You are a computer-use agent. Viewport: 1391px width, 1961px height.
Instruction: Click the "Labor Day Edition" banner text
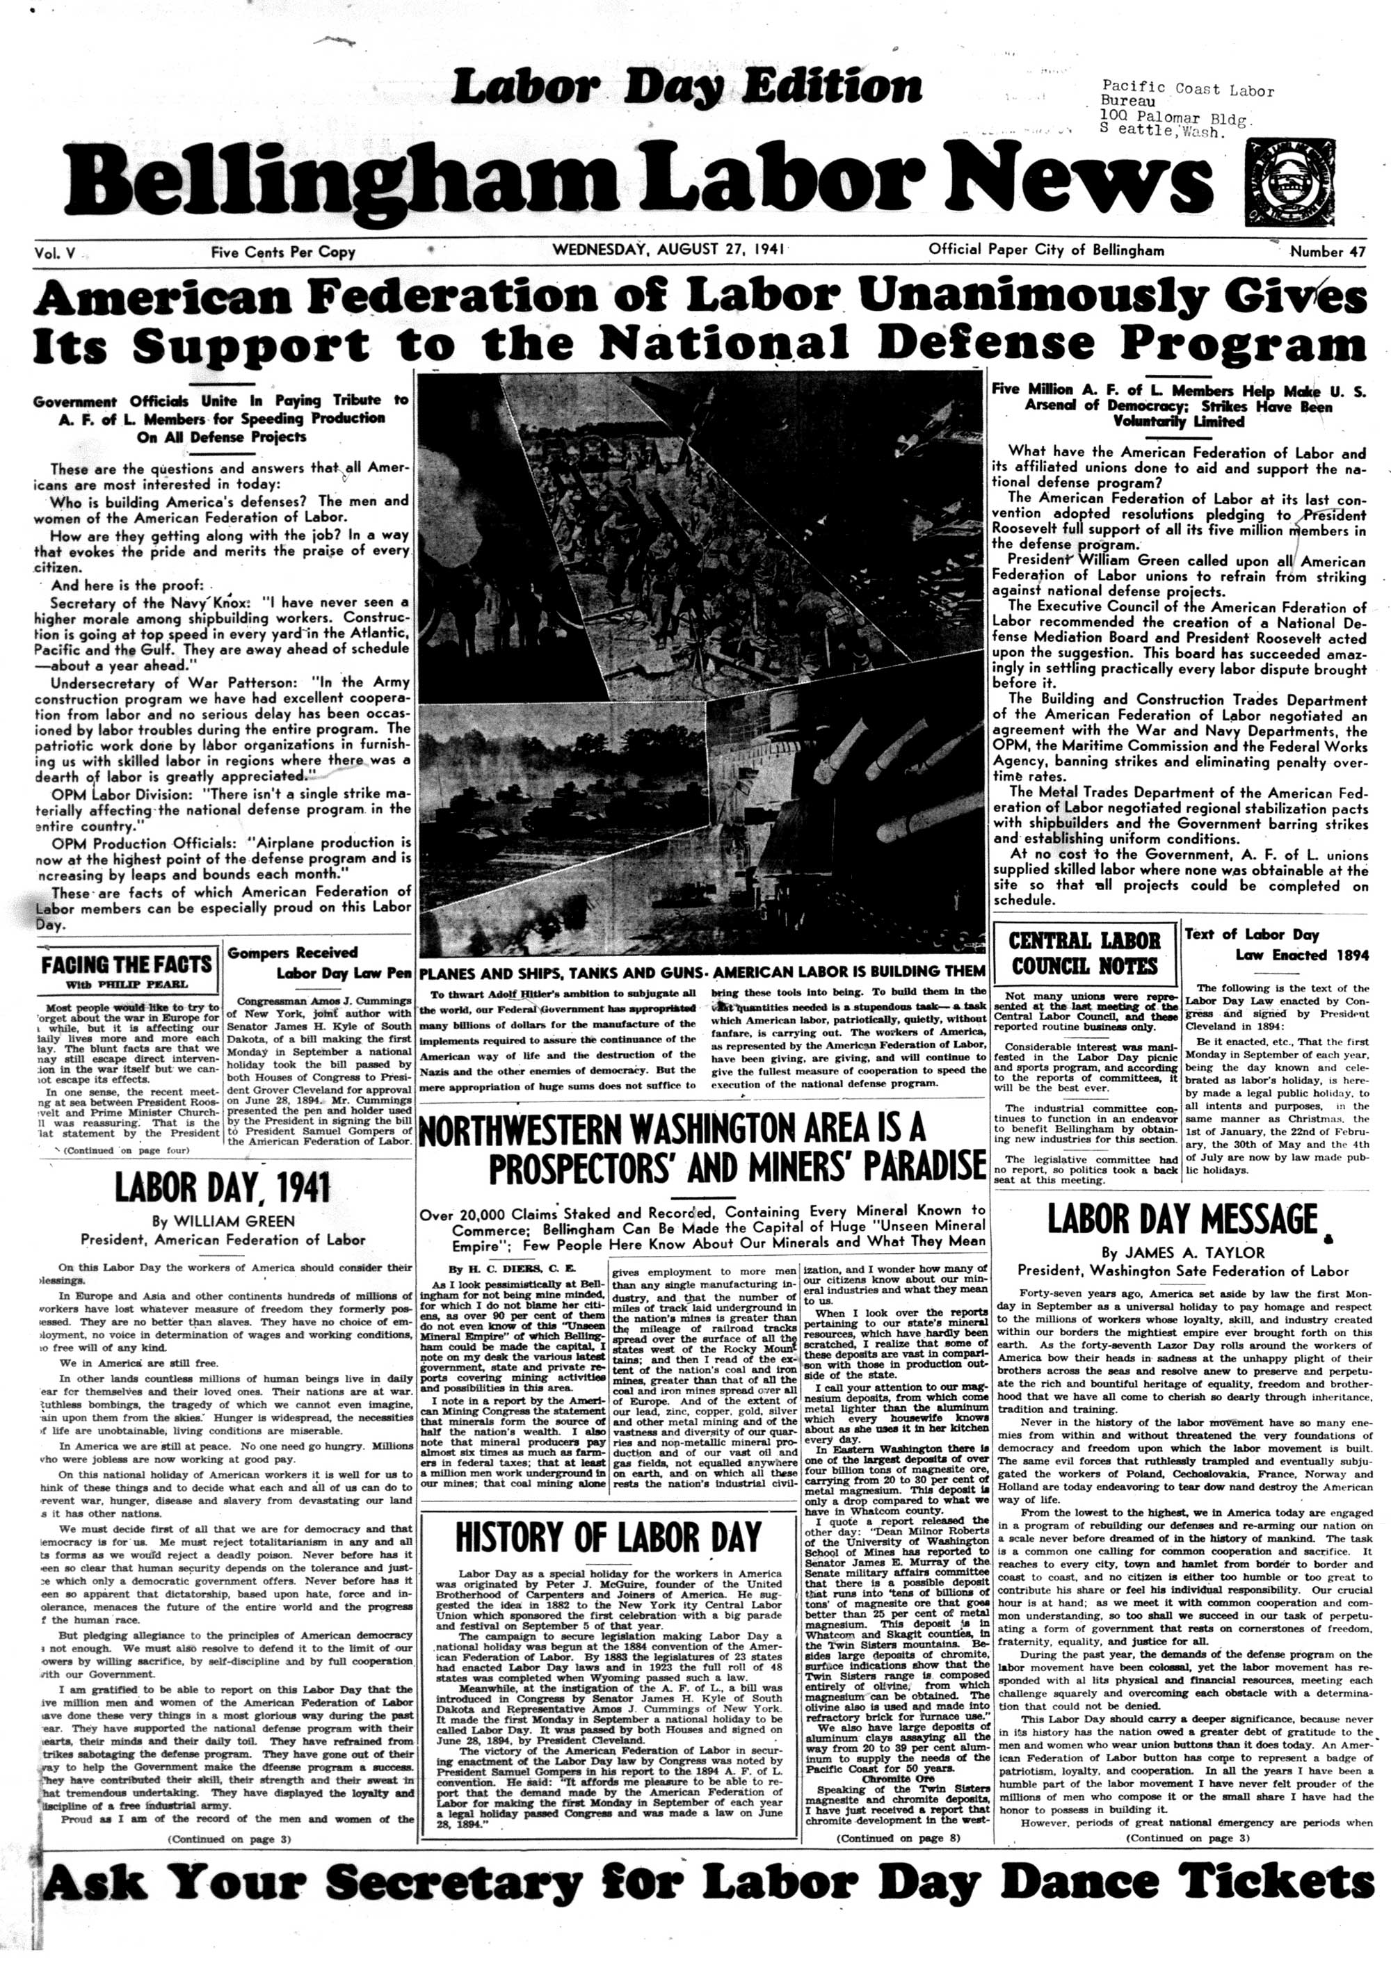click(x=686, y=88)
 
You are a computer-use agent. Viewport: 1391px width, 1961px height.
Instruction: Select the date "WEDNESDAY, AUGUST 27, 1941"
click(x=670, y=251)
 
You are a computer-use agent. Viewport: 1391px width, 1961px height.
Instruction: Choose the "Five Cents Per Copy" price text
click(x=282, y=252)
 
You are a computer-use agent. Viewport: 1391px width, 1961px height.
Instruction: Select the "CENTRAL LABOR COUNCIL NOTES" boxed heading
click(x=1084, y=954)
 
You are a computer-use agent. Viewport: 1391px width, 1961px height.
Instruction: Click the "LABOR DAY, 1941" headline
click(x=223, y=1188)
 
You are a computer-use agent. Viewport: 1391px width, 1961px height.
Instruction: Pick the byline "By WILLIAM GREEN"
click(x=223, y=1221)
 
